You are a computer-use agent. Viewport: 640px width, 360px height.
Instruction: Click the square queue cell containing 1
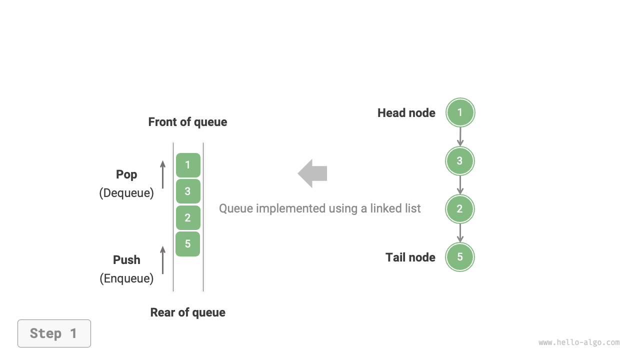point(188,165)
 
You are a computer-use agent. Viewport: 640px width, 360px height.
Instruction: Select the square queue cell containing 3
point(188,191)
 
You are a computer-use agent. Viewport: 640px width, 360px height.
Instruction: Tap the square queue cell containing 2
point(188,217)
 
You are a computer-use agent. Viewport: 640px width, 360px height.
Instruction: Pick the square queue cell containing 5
point(188,244)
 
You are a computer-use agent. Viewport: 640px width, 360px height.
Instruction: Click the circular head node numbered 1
point(460,112)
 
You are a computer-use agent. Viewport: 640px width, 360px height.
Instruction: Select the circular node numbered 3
point(460,161)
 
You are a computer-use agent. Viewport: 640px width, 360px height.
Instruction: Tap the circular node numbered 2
point(460,209)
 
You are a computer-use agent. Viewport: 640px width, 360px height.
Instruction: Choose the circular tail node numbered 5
point(460,257)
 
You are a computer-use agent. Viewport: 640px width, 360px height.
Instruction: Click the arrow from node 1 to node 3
point(460,136)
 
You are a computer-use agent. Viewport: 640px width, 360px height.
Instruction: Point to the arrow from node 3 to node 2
point(460,185)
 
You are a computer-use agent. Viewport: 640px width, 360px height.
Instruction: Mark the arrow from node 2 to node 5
point(460,233)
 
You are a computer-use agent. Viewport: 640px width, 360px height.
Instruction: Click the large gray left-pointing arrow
point(312,173)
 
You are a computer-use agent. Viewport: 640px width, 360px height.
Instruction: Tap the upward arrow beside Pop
point(162,174)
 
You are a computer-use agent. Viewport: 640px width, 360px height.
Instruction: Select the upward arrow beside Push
point(162,260)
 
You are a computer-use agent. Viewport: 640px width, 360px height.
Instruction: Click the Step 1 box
point(54,333)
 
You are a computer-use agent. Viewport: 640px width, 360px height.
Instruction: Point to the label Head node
point(406,113)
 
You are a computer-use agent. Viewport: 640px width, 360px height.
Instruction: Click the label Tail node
point(410,257)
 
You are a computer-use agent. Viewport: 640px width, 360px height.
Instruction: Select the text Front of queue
point(187,122)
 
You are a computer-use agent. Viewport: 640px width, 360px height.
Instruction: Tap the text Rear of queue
point(187,312)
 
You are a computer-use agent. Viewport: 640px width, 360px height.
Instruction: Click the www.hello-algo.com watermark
point(579,342)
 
